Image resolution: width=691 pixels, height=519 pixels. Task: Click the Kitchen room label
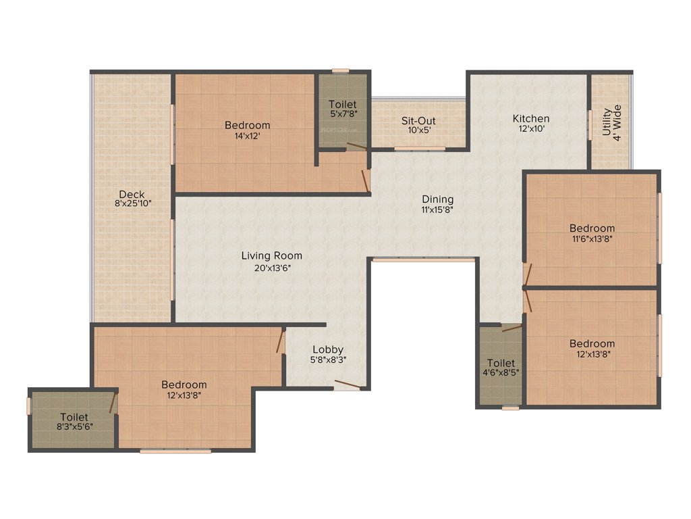[x=531, y=119]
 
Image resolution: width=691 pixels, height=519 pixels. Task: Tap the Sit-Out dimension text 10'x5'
[x=418, y=130]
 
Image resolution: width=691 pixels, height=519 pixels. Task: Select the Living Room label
[x=272, y=256]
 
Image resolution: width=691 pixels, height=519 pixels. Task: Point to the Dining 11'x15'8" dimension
[x=437, y=209]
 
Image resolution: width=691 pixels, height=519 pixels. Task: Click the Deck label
[x=132, y=195]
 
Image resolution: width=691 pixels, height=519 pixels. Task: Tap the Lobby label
[x=327, y=349]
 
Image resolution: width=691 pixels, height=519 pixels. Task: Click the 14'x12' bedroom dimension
[x=247, y=135]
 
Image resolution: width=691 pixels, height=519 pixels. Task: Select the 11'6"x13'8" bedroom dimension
[x=592, y=239]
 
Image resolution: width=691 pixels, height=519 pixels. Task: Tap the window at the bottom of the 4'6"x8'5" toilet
[x=511, y=407]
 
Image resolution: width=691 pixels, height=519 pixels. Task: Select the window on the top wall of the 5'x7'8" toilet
[x=340, y=70]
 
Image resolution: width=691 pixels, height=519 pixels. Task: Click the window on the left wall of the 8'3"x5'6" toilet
[x=29, y=405]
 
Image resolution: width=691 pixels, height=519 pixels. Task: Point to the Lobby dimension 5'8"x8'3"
[x=327, y=360]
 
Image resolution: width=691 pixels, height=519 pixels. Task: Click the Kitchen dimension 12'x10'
[x=531, y=129]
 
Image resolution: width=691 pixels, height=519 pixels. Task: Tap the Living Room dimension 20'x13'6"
[x=272, y=267]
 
